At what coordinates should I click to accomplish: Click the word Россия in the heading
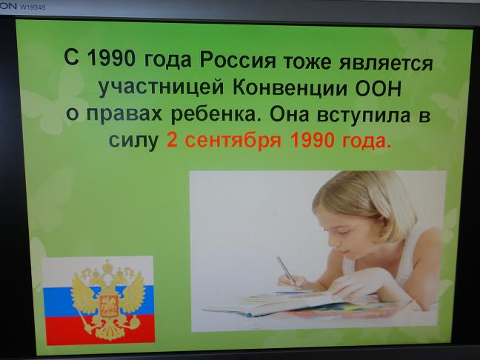(238, 60)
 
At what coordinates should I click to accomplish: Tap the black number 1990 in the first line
(111, 58)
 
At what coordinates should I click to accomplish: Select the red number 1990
(311, 140)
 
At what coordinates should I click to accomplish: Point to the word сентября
(233, 140)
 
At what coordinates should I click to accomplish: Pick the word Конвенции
(290, 89)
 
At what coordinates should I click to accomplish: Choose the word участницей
(161, 88)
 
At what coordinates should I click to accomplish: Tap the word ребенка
(213, 115)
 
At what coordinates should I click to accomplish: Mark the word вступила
(364, 116)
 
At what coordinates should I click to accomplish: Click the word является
(386, 64)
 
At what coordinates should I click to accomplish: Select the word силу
(133, 141)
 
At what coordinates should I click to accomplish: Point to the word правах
(124, 114)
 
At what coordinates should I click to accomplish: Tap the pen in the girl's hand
(286, 270)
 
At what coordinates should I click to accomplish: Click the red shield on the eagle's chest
(108, 306)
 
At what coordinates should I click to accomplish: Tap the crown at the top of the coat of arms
(107, 267)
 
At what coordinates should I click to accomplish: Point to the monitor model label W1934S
(33, 7)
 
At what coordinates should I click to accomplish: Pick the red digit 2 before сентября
(172, 140)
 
